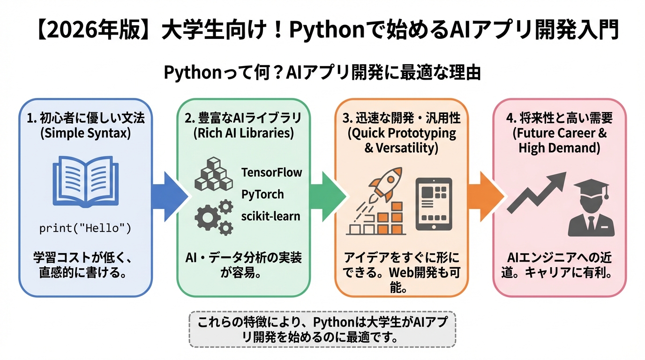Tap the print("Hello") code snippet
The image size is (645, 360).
tap(85, 229)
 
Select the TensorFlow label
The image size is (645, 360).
tap(272, 172)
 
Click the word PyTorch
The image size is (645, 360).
tap(262, 194)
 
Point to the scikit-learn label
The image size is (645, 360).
tap(271, 216)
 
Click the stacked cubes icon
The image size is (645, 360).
tap(214, 176)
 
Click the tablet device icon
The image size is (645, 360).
tap(434, 204)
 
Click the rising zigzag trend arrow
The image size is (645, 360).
tap(537, 192)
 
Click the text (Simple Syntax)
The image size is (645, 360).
tap(85, 133)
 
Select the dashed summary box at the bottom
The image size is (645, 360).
tap(322, 329)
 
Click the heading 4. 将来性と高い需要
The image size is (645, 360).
tap(559, 118)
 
